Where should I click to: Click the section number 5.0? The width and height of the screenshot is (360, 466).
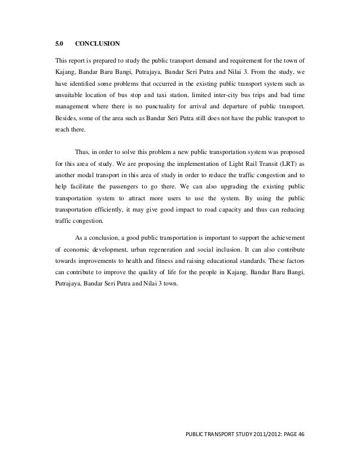pyautogui.click(x=58, y=43)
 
